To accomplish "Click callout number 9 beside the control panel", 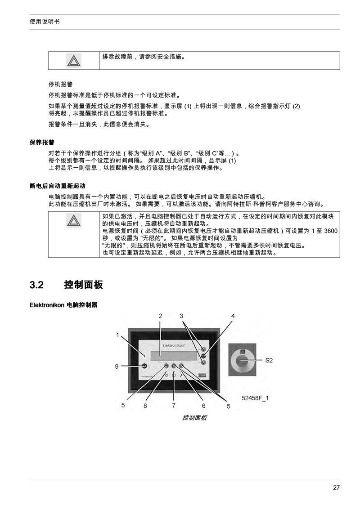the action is click(117, 366).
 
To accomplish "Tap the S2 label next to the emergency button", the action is click(269, 360).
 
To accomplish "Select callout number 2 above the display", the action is click(160, 316).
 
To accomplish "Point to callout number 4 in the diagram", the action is click(233, 316).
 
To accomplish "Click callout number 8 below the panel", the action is click(145, 406).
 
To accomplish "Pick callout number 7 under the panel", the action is click(174, 406).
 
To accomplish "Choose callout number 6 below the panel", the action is click(204, 406).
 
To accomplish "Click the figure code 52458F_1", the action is click(255, 398).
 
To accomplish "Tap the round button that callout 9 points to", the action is click(144, 366).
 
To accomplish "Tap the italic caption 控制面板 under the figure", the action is click(194, 418).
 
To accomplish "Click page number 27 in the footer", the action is click(336, 487).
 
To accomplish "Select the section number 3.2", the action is click(36, 285).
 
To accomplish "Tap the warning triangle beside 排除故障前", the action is click(74, 61).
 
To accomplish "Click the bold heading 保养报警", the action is click(42, 142).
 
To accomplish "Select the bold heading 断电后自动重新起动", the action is click(57, 186).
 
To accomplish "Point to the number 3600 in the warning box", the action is click(331, 231).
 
